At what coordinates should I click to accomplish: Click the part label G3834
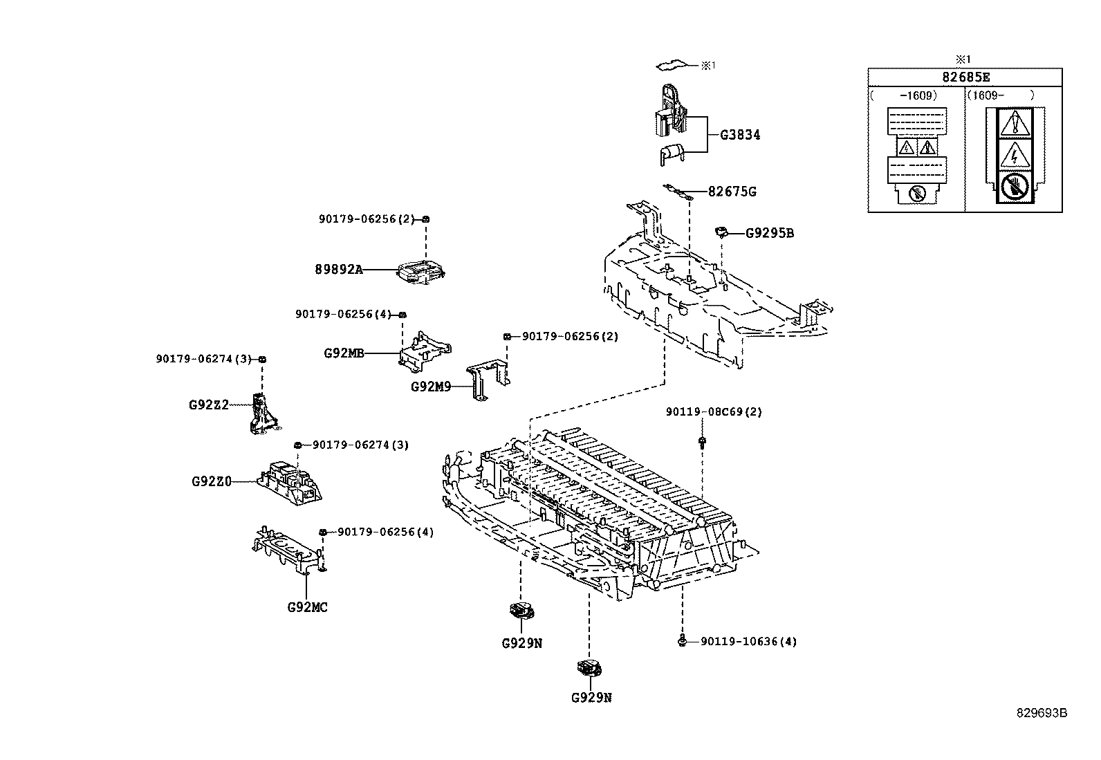(740, 135)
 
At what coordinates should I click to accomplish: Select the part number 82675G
(732, 192)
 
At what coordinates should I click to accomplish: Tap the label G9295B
(770, 233)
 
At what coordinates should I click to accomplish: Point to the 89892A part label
(339, 270)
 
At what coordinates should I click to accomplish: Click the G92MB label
(344, 353)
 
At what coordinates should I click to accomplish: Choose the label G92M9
(431, 387)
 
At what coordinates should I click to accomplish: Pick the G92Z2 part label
(209, 405)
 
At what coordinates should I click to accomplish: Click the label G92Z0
(212, 481)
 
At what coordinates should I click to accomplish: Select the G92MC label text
(307, 608)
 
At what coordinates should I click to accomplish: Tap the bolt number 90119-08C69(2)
(714, 411)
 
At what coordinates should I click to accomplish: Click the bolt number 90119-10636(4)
(748, 642)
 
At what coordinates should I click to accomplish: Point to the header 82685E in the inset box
(966, 77)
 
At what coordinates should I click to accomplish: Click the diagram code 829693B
(1042, 713)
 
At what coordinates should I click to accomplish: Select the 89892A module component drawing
(421, 272)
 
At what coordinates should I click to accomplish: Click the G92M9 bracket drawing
(488, 380)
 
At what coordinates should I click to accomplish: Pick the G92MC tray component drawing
(290, 550)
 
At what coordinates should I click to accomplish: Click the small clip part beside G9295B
(721, 232)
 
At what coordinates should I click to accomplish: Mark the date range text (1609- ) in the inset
(1001, 95)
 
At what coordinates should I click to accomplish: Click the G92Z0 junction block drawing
(290, 483)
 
